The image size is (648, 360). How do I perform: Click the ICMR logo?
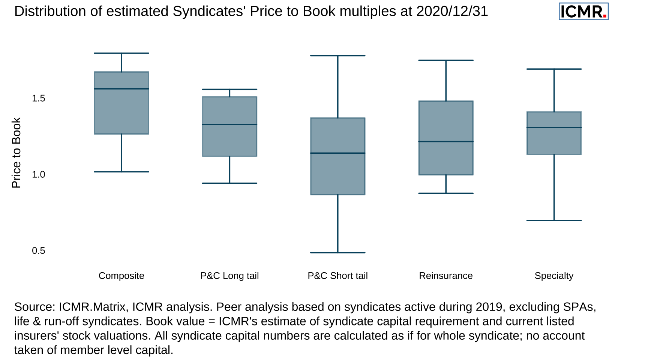[x=583, y=12]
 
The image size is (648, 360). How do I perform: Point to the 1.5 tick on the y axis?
[x=38, y=98]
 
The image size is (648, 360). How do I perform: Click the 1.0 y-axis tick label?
[x=38, y=174]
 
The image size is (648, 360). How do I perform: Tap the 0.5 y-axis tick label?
[x=38, y=250]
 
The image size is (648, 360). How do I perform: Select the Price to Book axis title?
[x=16, y=153]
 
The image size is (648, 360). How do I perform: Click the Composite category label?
[x=121, y=276]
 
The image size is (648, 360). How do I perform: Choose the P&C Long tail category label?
[x=229, y=276]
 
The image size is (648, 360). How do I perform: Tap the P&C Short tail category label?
[x=337, y=276]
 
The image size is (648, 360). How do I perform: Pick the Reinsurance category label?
[x=445, y=276]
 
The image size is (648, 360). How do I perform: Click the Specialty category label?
[x=554, y=276]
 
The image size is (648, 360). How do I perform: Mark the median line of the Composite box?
[x=121, y=89]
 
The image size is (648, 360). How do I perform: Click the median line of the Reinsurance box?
[x=446, y=141]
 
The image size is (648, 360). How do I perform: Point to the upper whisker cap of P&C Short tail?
[x=337, y=55]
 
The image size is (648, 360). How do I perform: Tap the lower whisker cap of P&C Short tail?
[x=337, y=253]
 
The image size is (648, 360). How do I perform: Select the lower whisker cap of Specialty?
[x=554, y=220]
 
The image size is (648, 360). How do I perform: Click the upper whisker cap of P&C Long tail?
[x=229, y=89]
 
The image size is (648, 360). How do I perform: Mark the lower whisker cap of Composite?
[x=121, y=172]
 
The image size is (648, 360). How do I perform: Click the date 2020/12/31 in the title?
[x=452, y=11]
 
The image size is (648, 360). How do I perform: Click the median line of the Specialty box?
[x=554, y=127]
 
